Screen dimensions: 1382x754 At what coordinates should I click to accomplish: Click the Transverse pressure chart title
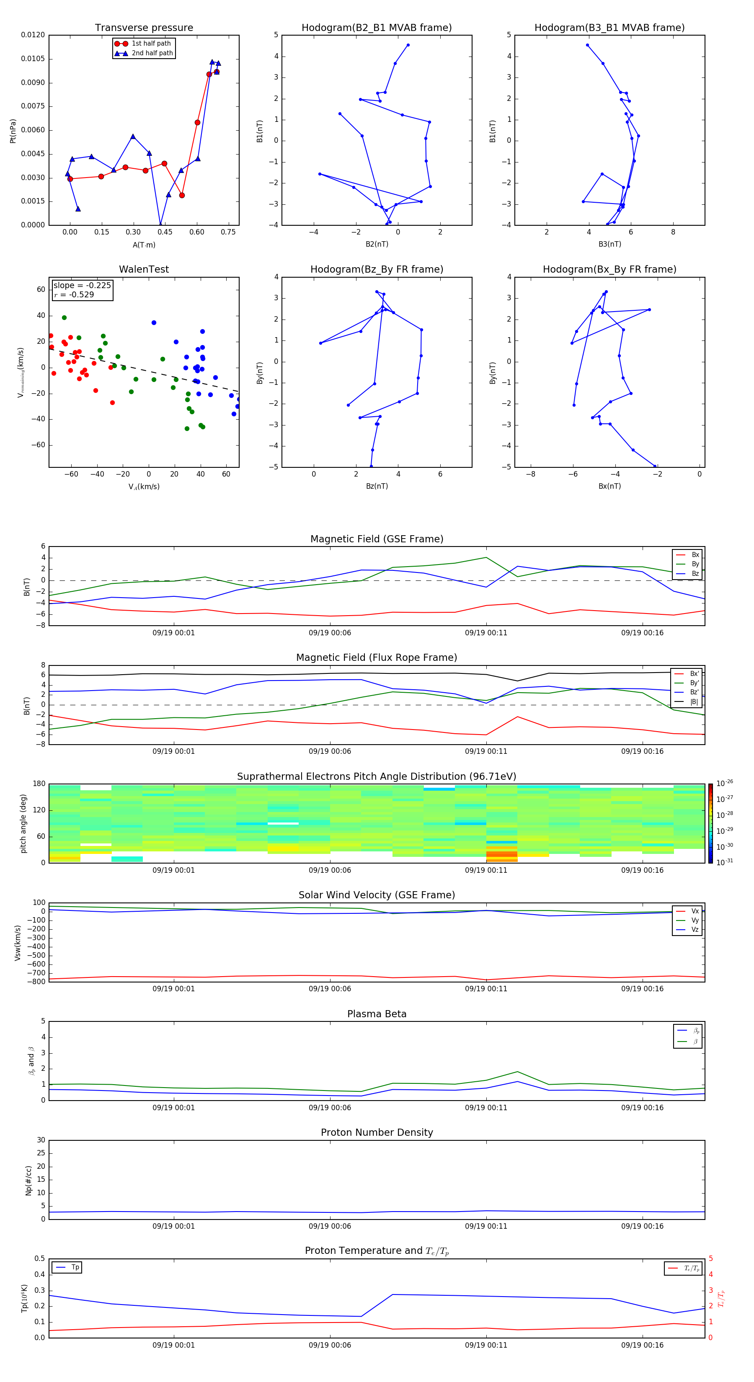pyautogui.click(x=144, y=28)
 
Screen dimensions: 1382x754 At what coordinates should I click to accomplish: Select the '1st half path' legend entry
pyautogui.click(x=151, y=44)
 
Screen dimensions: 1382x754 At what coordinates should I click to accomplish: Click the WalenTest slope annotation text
pyautogui.click(x=82, y=286)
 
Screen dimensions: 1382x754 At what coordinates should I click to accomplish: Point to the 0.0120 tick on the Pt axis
pyautogui.click(x=33, y=35)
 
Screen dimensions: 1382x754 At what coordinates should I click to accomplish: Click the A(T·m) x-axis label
pyautogui.click(x=144, y=245)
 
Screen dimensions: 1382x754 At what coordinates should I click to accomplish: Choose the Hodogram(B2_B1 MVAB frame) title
pyautogui.click(x=376, y=28)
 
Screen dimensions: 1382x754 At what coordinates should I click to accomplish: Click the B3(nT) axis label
pyautogui.click(x=609, y=244)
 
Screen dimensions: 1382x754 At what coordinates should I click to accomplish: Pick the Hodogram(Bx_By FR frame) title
pyautogui.click(x=609, y=269)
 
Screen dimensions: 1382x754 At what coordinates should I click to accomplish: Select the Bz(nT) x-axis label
pyautogui.click(x=377, y=486)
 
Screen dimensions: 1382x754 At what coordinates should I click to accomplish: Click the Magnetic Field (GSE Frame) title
pyautogui.click(x=377, y=539)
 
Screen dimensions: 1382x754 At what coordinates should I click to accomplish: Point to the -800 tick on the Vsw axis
pyautogui.click(x=36, y=982)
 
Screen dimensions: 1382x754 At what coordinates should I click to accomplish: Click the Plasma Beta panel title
pyautogui.click(x=377, y=1014)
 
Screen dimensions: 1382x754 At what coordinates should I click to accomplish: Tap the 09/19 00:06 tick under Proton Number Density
pyautogui.click(x=330, y=1226)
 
